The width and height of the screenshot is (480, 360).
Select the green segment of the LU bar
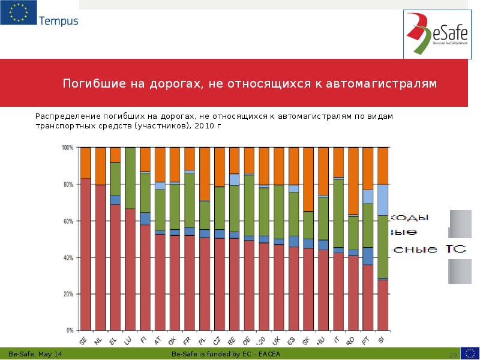130,178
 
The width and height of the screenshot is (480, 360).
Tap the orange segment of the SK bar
308,179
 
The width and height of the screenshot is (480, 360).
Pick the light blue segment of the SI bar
382,200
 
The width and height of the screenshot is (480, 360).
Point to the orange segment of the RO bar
353,181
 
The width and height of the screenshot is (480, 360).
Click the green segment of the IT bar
338,213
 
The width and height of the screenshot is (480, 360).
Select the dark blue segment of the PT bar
368,256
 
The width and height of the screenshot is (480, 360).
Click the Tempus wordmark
58,21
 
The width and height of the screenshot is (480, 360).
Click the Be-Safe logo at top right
437,33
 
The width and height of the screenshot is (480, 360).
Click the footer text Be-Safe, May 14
33,355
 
